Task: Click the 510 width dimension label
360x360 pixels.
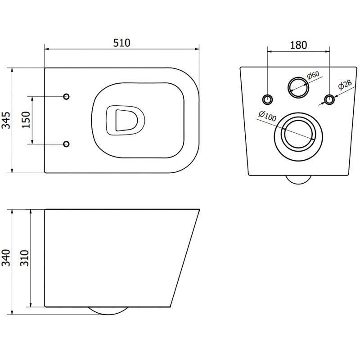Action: tap(121, 43)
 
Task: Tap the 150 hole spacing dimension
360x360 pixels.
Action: tap(26, 120)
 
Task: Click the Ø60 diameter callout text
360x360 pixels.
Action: tap(314, 76)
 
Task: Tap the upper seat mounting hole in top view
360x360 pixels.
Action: tap(66, 97)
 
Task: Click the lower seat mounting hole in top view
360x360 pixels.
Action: tap(66, 144)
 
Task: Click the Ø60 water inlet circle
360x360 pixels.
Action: tap(297, 86)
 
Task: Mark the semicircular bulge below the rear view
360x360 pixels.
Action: tap(298, 179)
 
